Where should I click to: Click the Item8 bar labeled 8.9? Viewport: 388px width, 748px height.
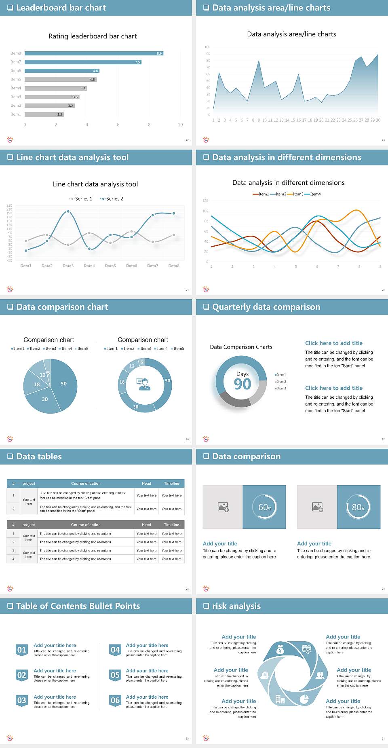94,53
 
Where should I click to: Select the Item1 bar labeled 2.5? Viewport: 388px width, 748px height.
44,114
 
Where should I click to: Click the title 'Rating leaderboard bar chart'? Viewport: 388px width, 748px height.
93,36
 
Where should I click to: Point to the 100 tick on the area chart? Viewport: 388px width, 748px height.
207,47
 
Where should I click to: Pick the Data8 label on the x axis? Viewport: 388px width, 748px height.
174,266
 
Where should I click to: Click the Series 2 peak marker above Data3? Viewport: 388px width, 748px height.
68,211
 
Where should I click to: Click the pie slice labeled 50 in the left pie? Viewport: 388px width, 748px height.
64,384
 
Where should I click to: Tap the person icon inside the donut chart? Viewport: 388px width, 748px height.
144,384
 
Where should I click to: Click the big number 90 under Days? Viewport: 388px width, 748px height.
242,385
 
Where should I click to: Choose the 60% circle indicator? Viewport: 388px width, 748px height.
264,507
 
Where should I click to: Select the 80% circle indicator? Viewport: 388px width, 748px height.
358,507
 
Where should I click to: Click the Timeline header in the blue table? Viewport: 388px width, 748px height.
171,484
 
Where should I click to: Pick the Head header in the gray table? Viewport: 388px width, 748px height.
146,525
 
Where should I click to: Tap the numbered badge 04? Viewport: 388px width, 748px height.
115,650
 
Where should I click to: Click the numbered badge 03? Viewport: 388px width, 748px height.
22,701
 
